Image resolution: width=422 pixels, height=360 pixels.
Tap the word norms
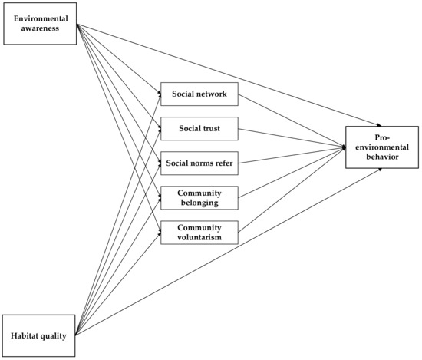tap(199, 163)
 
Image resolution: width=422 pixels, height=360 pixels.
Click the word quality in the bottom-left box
tap(58, 335)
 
